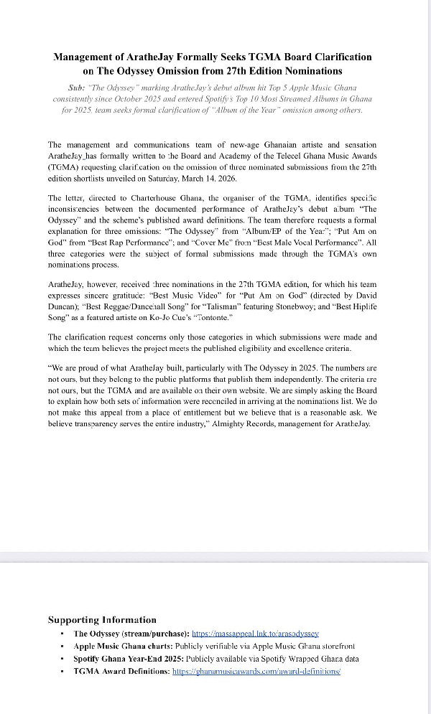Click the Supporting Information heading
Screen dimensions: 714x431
(101, 619)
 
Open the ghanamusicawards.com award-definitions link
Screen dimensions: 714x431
(256, 671)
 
